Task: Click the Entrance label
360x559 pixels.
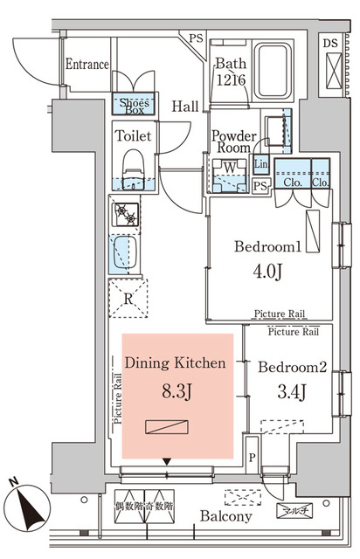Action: click(x=87, y=65)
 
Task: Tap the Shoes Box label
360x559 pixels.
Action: click(x=134, y=105)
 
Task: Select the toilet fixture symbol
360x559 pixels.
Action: click(x=133, y=169)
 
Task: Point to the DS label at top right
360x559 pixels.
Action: click(x=332, y=41)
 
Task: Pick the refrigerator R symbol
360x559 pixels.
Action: click(x=128, y=299)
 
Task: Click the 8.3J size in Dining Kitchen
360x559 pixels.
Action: click(x=177, y=389)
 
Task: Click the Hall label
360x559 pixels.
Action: click(x=183, y=107)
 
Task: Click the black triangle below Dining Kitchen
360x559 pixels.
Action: click(x=167, y=462)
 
